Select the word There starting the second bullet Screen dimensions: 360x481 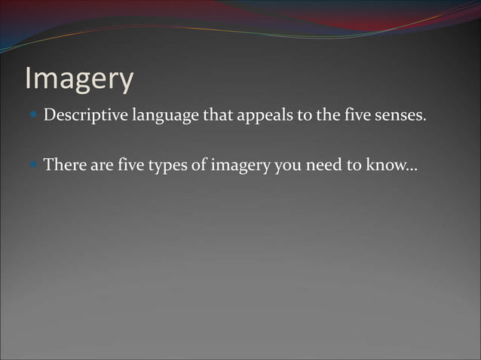coord(65,165)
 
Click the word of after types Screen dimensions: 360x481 coord(201,165)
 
